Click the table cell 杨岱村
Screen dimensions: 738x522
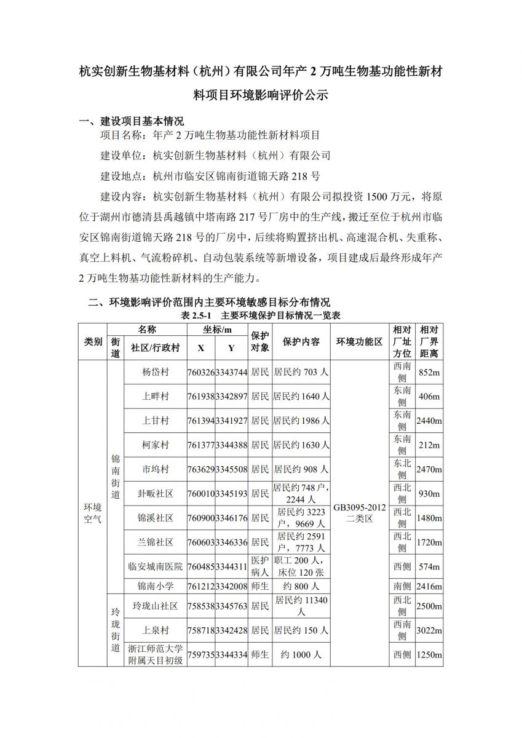pyautogui.click(x=155, y=372)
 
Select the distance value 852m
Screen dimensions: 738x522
pyautogui.click(x=429, y=372)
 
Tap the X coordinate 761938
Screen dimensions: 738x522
pyautogui.click(x=200, y=397)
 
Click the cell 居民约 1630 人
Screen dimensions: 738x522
pyautogui.click(x=301, y=445)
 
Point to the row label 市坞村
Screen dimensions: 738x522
pyautogui.click(x=155, y=469)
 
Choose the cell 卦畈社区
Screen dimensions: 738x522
pyautogui.click(x=155, y=493)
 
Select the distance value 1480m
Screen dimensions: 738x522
pyautogui.click(x=429, y=518)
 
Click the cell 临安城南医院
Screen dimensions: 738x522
pyautogui.click(x=155, y=566)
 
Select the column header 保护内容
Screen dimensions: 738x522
pyautogui.click(x=301, y=341)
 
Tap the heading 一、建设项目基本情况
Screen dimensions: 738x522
pyautogui.click(x=132, y=121)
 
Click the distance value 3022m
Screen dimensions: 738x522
pyautogui.click(x=429, y=630)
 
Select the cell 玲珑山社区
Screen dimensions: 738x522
pyautogui.click(x=155, y=606)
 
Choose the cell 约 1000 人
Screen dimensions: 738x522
pyautogui.click(x=301, y=655)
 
